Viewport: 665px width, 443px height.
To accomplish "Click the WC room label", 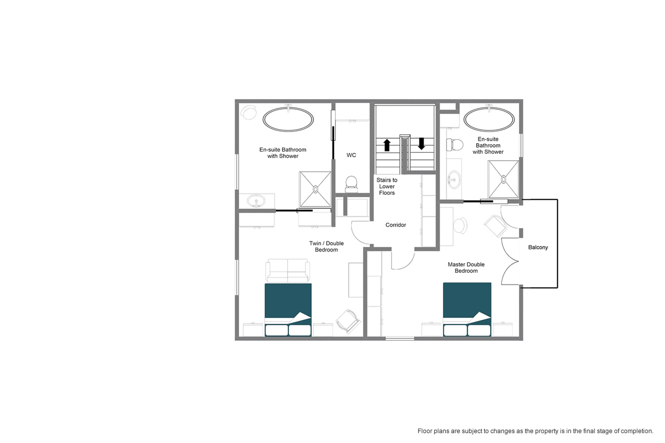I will pos(351,155).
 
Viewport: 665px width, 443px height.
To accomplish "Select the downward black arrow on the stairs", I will pos(421,144).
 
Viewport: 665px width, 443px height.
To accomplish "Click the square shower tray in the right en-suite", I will pos(503,179).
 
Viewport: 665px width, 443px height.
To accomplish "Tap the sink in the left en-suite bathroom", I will pos(256,201).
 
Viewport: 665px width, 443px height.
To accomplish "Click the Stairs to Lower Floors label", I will pos(387,186).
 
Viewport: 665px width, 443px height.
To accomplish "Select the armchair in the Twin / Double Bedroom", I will pos(348,321).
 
